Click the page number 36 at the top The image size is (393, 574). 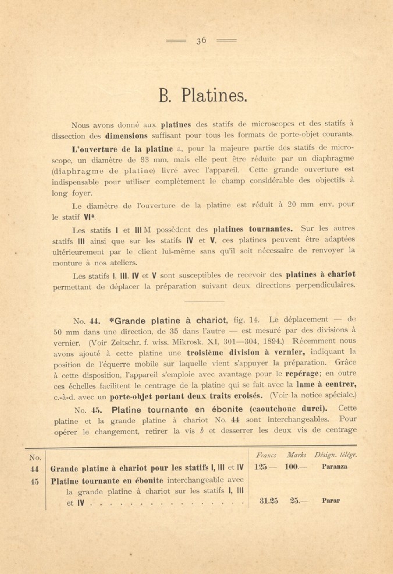[x=201, y=41]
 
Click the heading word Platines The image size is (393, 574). [x=214, y=96]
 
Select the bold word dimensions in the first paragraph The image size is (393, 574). [x=126, y=136]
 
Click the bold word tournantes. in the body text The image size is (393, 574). [x=271, y=229]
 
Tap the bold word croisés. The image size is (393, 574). [x=248, y=396]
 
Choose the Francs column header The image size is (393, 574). [x=266, y=455]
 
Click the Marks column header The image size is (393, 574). [x=296, y=455]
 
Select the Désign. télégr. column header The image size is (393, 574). [x=335, y=455]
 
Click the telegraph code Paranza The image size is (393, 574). [x=334, y=466]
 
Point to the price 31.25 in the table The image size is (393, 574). [x=268, y=501]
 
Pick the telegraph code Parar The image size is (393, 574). [x=331, y=501]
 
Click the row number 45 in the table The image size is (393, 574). [x=35, y=482]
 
